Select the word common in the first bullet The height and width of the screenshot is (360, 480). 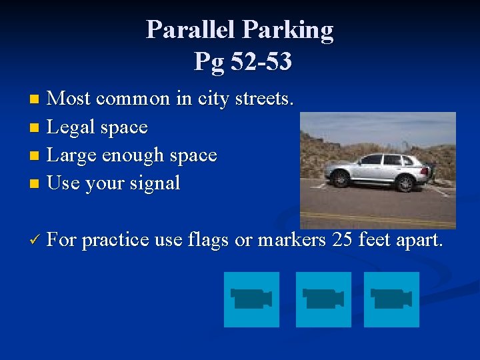coord(133,99)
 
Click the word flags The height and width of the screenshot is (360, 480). coord(212,239)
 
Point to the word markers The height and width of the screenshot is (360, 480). coord(289,239)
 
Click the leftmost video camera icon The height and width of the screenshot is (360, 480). coord(251,299)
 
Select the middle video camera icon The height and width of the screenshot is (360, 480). coord(323,299)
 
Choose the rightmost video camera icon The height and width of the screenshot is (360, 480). coord(391,299)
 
